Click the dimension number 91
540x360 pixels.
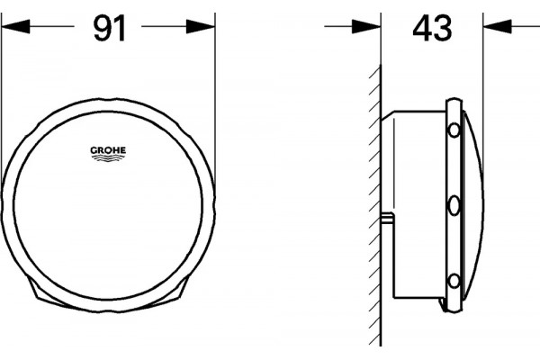point(110,29)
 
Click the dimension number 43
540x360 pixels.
point(432,28)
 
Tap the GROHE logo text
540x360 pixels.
point(108,150)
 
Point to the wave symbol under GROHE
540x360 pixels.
point(108,157)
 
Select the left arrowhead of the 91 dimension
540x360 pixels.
point(16,26)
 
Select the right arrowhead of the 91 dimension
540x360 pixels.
point(201,26)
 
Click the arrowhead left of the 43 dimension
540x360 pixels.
point(366,26)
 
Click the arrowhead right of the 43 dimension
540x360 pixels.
point(497,26)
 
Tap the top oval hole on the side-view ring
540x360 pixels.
point(454,130)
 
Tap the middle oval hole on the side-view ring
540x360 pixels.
point(454,206)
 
